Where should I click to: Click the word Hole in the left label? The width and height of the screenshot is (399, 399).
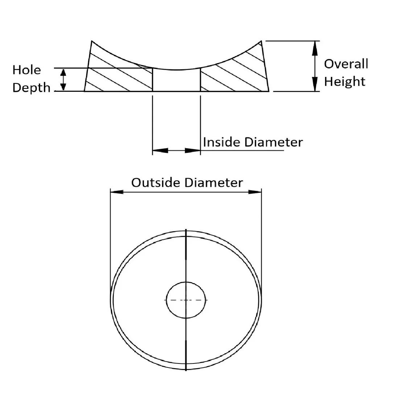(x=27, y=70)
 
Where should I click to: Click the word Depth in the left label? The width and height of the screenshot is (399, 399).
(x=31, y=88)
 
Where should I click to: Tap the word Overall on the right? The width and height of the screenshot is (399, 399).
(x=346, y=64)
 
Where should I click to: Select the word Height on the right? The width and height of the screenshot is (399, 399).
(x=344, y=82)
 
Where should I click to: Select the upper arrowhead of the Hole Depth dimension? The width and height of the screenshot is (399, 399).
(x=63, y=72)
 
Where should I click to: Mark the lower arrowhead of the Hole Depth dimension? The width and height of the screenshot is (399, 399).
(x=63, y=87)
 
